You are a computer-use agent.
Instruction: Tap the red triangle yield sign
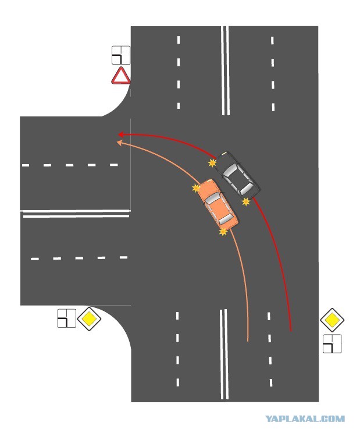[121, 76]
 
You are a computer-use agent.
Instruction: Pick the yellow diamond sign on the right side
[332, 320]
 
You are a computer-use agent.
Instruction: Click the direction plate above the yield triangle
[120, 55]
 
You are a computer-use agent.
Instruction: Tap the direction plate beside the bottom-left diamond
[66, 318]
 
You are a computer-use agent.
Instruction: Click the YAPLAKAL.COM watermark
[305, 419]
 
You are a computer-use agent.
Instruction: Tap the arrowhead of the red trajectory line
[120, 134]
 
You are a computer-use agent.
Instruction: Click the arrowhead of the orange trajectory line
[120, 141]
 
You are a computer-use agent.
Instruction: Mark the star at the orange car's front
[197, 188]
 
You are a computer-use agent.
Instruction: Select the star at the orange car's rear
[223, 232]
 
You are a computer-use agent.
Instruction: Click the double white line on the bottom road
[223, 355]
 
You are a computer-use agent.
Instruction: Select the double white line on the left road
[76, 214]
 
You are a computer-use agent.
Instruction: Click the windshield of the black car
[231, 171]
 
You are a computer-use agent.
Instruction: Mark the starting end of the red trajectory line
[290, 330]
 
